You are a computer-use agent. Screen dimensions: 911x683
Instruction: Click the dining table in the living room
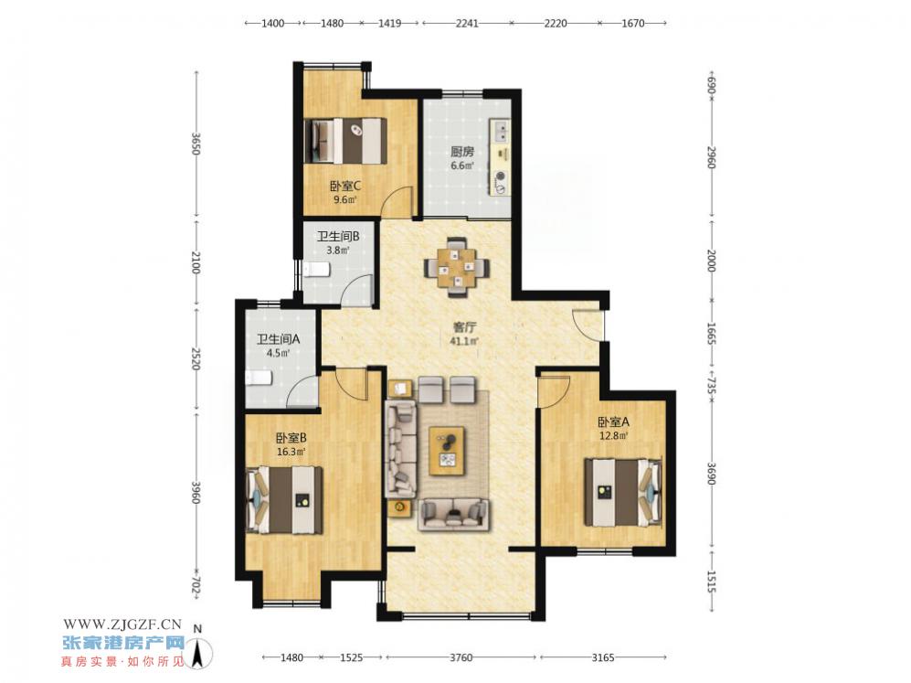click(457, 267)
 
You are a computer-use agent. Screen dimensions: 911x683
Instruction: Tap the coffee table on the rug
click(447, 451)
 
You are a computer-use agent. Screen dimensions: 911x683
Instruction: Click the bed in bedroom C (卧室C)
click(345, 141)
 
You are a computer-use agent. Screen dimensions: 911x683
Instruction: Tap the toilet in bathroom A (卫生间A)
click(258, 379)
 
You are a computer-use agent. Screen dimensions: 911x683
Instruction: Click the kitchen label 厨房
click(462, 152)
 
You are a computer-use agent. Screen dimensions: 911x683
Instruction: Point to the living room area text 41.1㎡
click(463, 341)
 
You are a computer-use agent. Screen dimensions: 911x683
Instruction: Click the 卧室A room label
click(613, 422)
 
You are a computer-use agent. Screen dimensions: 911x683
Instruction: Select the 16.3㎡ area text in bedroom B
click(291, 451)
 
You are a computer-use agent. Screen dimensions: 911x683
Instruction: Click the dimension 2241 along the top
click(467, 23)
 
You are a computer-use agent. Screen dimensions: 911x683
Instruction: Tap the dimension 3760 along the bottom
click(461, 657)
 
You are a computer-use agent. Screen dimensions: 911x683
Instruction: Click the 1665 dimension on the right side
click(712, 334)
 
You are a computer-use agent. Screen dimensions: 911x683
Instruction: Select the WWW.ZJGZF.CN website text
click(122, 624)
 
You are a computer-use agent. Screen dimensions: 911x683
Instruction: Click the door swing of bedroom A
click(553, 392)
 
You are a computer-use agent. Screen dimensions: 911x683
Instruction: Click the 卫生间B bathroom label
click(337, 237)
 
